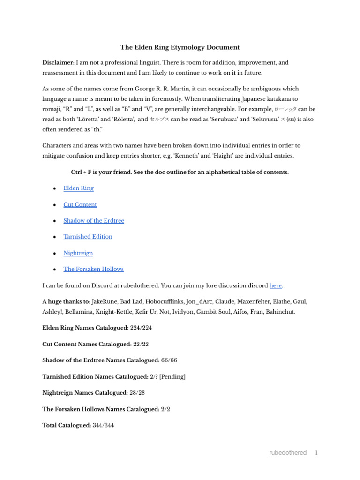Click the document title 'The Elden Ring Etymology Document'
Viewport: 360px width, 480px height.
pyautogui.click(x=180, y=47)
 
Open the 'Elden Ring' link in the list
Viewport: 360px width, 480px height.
pyautogui.click(x=78, y=188)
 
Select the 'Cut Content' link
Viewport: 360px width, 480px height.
pyautogui.click(x=80, y=204)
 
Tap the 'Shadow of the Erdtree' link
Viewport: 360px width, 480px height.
pyautogui.click(x=94, y=220)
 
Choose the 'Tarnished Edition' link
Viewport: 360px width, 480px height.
pyautogui.click(x=88, y=237)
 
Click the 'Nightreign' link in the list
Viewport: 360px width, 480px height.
pyautogui.click(x=78, y=253)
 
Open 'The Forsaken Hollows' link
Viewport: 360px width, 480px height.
pyautogui.click(x=93, y=269)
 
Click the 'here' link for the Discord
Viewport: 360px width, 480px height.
pyautogui.click(x=276, y=285)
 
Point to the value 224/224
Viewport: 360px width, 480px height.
pyautogui.click(x=141, y=328)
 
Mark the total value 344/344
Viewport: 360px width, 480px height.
pyautogui.click(x=103, y=425)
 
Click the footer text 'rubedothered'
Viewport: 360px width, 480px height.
pyautogui.click(x=288, y=453)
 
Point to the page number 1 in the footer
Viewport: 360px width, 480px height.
pyautogui.click(x=316, y=453)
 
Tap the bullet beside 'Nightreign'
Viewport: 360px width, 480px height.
pyautogui.click(x=55, y=253)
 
